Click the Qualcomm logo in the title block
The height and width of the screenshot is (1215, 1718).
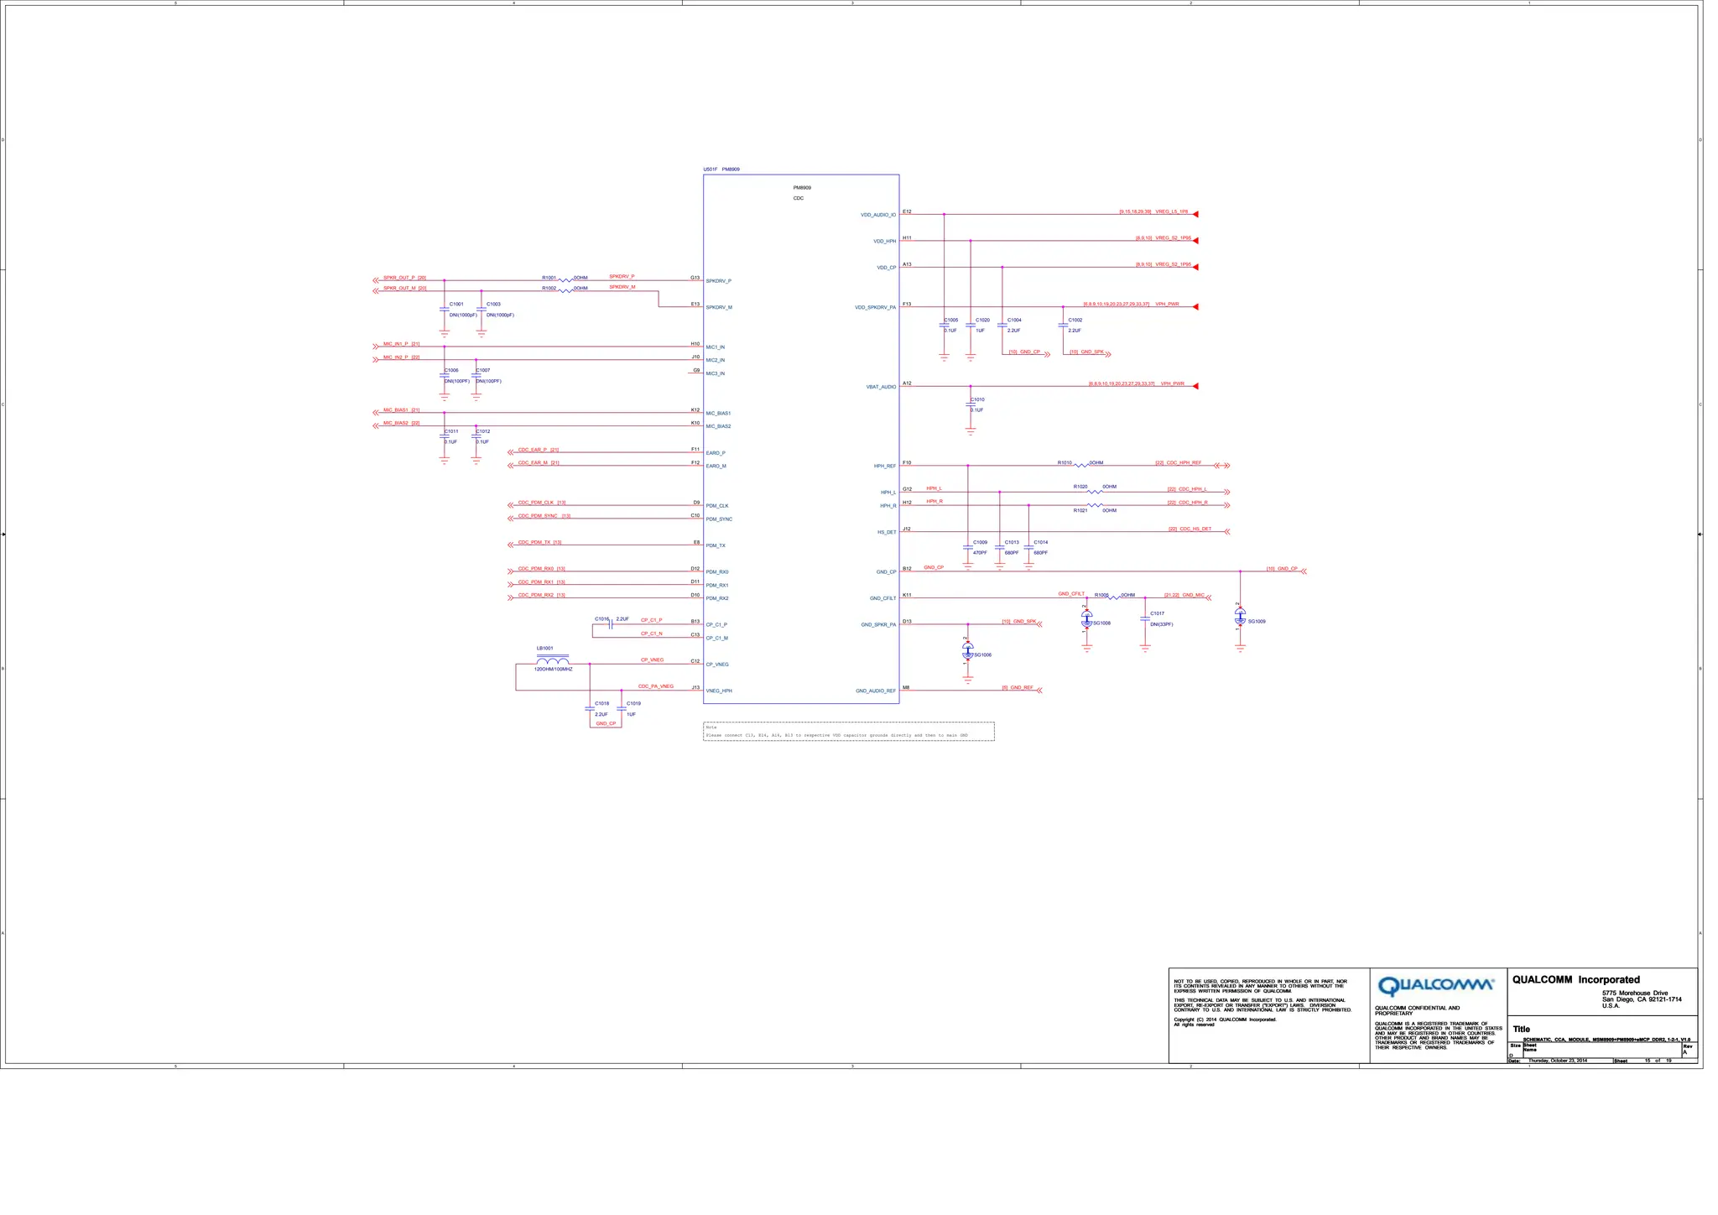pos(1435,985)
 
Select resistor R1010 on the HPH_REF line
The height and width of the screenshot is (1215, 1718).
pos(1081,465)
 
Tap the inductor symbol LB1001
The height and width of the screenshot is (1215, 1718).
pos(553,661)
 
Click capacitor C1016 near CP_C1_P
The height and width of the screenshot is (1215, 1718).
pos(612,624)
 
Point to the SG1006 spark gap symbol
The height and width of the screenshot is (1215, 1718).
pos(968,651)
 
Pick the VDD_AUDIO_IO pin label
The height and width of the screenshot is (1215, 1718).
pos(877,216)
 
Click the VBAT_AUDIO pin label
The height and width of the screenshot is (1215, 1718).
pos(881,388)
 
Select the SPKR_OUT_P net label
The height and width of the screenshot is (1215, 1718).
pos(399,278)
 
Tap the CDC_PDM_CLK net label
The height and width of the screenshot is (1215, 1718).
pos(535,503)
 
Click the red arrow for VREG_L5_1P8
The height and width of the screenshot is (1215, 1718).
pos(1195,214)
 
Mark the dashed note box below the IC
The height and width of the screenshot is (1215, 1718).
pos(848,732)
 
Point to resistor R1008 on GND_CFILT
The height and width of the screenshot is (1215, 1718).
pos(1114,597)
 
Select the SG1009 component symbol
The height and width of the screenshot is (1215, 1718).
pos(1240,617)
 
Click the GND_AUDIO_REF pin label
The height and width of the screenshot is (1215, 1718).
pos(875,691)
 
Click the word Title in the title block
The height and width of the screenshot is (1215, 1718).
pos(1521,1030)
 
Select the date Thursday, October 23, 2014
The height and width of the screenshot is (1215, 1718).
pos(1557,1061)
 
